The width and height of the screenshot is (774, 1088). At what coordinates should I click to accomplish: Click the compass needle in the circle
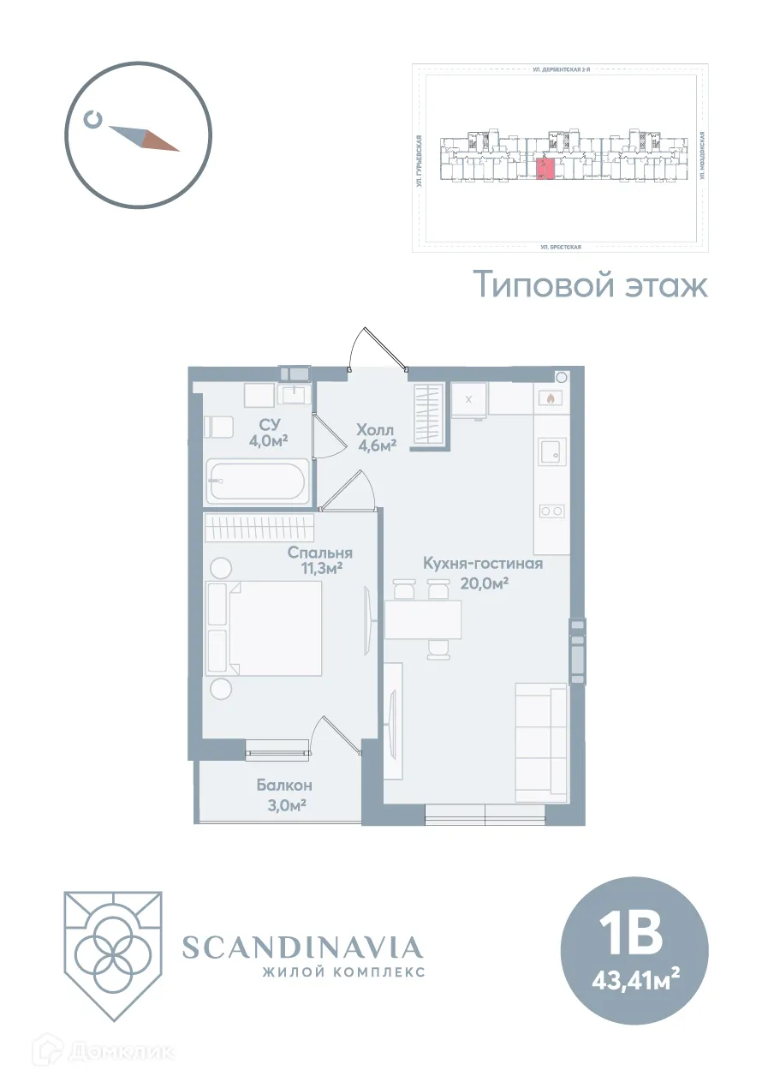[145, 138]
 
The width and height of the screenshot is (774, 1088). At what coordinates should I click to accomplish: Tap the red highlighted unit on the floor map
[544, 168]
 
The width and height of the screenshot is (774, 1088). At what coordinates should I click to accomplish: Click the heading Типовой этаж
[591, 285]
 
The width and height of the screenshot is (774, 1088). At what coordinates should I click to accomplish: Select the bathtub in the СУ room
[256, 481]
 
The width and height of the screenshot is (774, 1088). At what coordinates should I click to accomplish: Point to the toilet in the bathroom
[217, 427]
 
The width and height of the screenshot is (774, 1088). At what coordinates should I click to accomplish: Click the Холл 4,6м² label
[376, 436]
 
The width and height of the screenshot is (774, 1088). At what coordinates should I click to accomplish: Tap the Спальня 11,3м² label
[320, 559]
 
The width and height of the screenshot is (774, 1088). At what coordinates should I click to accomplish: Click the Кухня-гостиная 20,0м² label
[483, 572]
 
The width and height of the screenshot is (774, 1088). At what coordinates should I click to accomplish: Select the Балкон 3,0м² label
[283, 794]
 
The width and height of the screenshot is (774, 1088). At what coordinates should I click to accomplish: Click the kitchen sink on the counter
[551, 451]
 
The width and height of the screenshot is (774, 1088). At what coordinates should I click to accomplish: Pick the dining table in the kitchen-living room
[423, 619]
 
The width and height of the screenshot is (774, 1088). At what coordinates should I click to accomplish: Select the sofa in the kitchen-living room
[540, 742]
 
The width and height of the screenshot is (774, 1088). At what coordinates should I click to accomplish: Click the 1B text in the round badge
[633, 935]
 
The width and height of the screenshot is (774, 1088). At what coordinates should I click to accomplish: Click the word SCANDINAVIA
[302, 947]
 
